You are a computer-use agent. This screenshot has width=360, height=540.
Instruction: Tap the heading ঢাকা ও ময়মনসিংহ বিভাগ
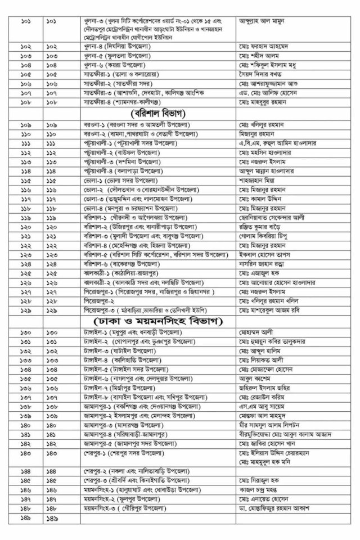tap(159, 321)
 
